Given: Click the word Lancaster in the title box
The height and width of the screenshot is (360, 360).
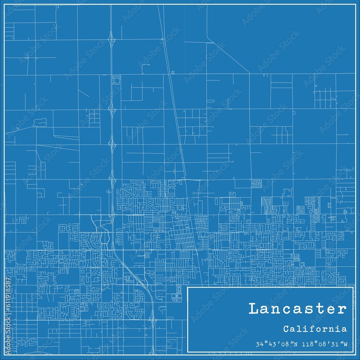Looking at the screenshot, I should coord(297,309).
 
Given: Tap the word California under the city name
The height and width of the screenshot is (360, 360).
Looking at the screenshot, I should coord(315,329).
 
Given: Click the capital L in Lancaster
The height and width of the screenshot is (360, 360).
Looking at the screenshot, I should coord(253,309).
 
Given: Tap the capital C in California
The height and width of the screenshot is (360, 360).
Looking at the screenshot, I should coord(285,329).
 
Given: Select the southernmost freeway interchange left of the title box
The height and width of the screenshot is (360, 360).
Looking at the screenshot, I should coord(153,319).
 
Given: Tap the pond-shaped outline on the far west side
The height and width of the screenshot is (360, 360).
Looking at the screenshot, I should coord(37,122).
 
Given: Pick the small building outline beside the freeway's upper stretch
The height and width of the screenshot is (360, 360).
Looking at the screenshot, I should coord(116,80).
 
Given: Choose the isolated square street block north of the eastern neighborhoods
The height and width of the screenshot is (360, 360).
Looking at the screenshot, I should coord(257,184).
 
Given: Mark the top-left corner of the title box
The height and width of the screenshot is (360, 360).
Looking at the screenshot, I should coord(188,287).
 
